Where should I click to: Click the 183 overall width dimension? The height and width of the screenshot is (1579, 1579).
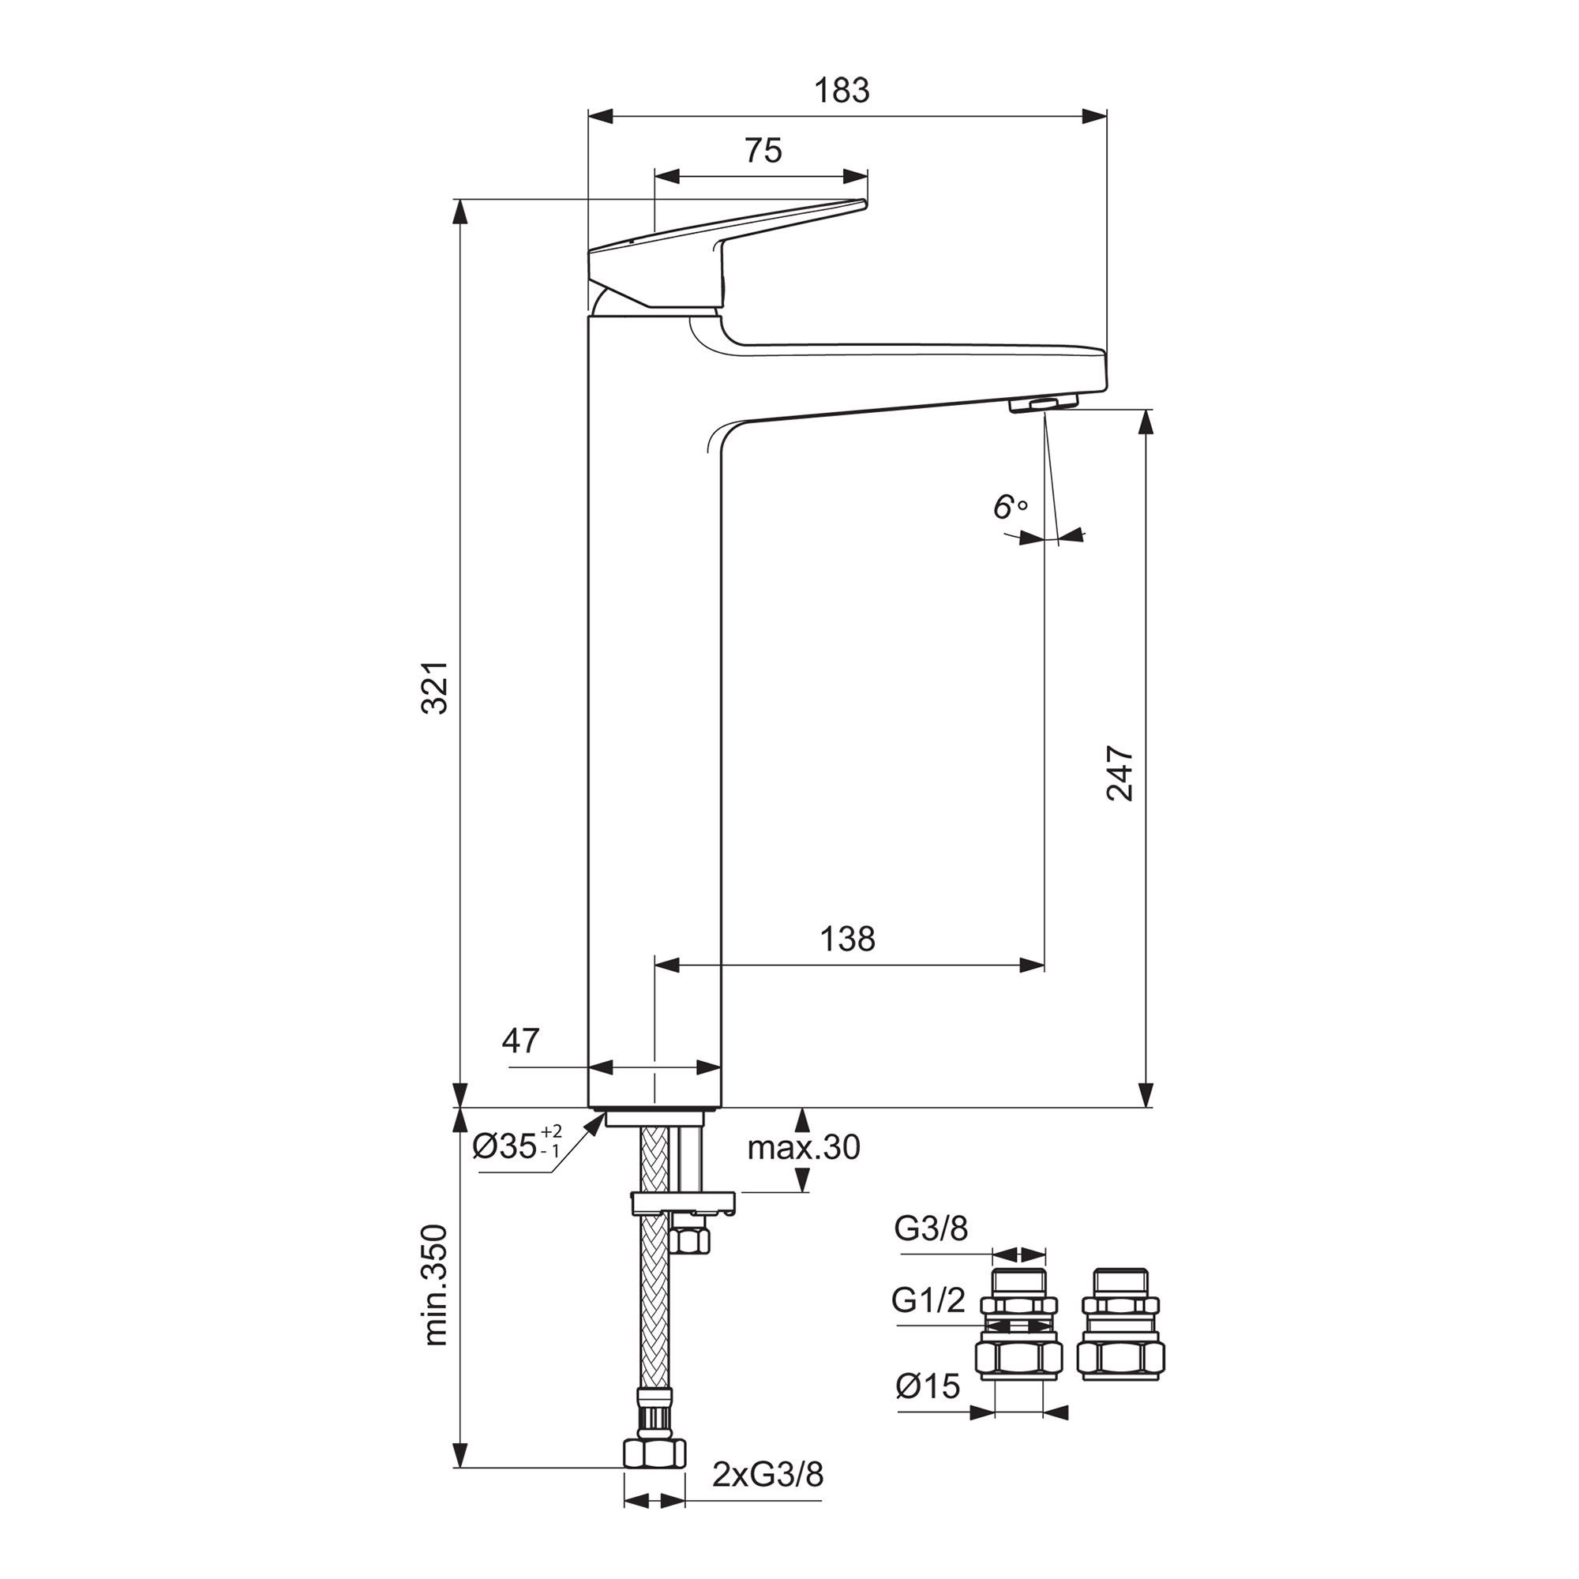point(842,91)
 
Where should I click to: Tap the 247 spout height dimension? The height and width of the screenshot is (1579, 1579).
point(1120,772)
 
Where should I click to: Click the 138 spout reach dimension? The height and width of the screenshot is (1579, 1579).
point(847,939)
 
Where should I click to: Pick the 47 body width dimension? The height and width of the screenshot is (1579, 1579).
point(520,1041)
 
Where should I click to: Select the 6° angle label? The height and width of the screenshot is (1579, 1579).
point(1009,508)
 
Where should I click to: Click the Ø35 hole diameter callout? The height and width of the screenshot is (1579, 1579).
point(516,1146)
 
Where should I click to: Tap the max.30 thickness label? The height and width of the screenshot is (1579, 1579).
point(804,1147)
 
